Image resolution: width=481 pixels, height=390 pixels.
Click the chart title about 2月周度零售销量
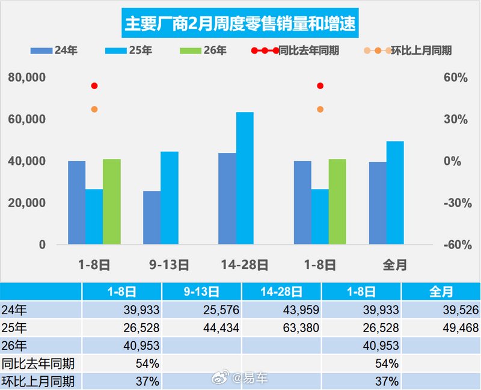point(239,24)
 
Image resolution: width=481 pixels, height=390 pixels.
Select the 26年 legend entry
point(204,51)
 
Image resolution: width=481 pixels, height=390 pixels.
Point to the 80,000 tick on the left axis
point(26,78)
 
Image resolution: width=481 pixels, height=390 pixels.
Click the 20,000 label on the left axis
point(26,203)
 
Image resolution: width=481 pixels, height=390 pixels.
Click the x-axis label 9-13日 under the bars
point(169,265)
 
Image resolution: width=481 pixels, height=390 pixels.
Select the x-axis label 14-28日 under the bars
point(244,265)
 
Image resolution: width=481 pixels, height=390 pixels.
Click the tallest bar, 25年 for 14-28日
point(245,178)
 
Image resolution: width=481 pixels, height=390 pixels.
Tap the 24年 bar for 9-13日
point(152,217)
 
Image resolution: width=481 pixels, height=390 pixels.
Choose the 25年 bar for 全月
point(395,193)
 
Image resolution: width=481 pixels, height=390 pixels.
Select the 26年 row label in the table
point(14,345)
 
